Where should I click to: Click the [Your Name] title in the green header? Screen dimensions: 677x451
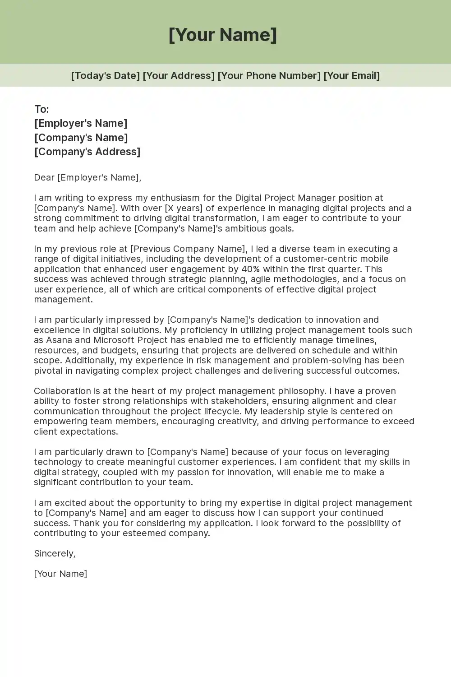point(223,35)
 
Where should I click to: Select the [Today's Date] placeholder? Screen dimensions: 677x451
point(105,75)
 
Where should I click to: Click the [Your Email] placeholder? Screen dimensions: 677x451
point(351,75)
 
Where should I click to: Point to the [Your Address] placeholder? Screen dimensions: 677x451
point(179,75)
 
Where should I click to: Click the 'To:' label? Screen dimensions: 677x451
point(41,109)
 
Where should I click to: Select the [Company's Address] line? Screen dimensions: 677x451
point(87,152)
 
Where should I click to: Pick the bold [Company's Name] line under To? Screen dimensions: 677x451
point(81,138)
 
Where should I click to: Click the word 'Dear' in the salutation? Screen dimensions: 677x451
point(44,177)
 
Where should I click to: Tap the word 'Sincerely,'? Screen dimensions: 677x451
point(55,553)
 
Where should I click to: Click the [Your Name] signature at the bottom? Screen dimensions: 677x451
point(60,574)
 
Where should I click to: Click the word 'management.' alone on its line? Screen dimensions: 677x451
point(63,299)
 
